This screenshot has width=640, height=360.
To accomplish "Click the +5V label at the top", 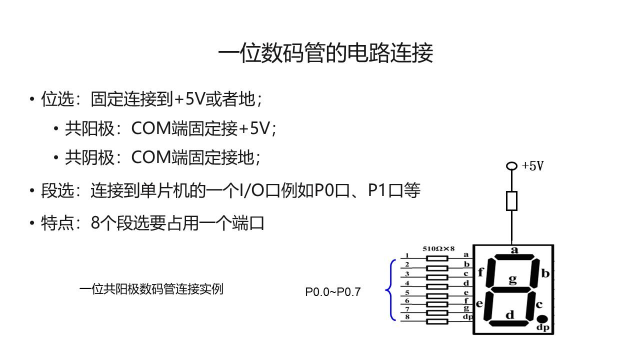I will pyautogui.click(x=532, y=166).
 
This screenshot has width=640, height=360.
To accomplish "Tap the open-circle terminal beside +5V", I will pyautogui.click(x=511, y=166).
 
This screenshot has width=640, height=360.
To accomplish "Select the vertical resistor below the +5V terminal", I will pyautogui.click(x=511, y=201).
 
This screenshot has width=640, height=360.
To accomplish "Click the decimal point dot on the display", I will pyautogui.click(x=542, y=319).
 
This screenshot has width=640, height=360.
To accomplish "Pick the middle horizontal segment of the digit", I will pyautogui.click(x=512, y=289).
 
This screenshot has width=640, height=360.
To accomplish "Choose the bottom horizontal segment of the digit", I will pyautogui.click(x=509, y=323).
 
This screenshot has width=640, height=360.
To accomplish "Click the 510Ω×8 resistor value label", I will pyautogui.click(x=438, y=248).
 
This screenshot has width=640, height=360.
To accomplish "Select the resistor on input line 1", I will pyautogui.click(x=436, y=258).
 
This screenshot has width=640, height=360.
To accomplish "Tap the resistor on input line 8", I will pyautogui.click(x=436, y=320).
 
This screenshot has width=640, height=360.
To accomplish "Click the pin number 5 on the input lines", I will pyautogui.click(x=407, y=292).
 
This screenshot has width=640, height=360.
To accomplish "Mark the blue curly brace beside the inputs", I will pyautogui.click(x=390, y=289).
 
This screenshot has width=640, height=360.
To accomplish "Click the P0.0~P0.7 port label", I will pyautogui.click(x=332, y=292).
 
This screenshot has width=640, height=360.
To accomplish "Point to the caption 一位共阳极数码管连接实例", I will pyautogui.click(x=151, y=289).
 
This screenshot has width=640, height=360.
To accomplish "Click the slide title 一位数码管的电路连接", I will pyautogui.click(x=325, y=53).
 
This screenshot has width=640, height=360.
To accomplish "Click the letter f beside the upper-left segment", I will pyautogui.click(x=481, y=272).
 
